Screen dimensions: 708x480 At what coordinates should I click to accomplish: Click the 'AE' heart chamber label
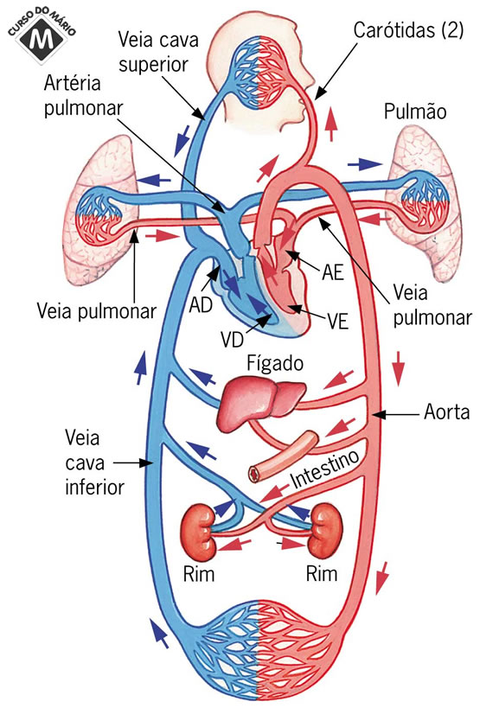tap(332, 274)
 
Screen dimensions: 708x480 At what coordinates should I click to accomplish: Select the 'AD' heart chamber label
tap(200, 306)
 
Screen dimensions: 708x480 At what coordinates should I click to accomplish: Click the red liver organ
tap(260, 403)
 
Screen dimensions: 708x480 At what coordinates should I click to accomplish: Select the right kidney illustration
tap(326, 530)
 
